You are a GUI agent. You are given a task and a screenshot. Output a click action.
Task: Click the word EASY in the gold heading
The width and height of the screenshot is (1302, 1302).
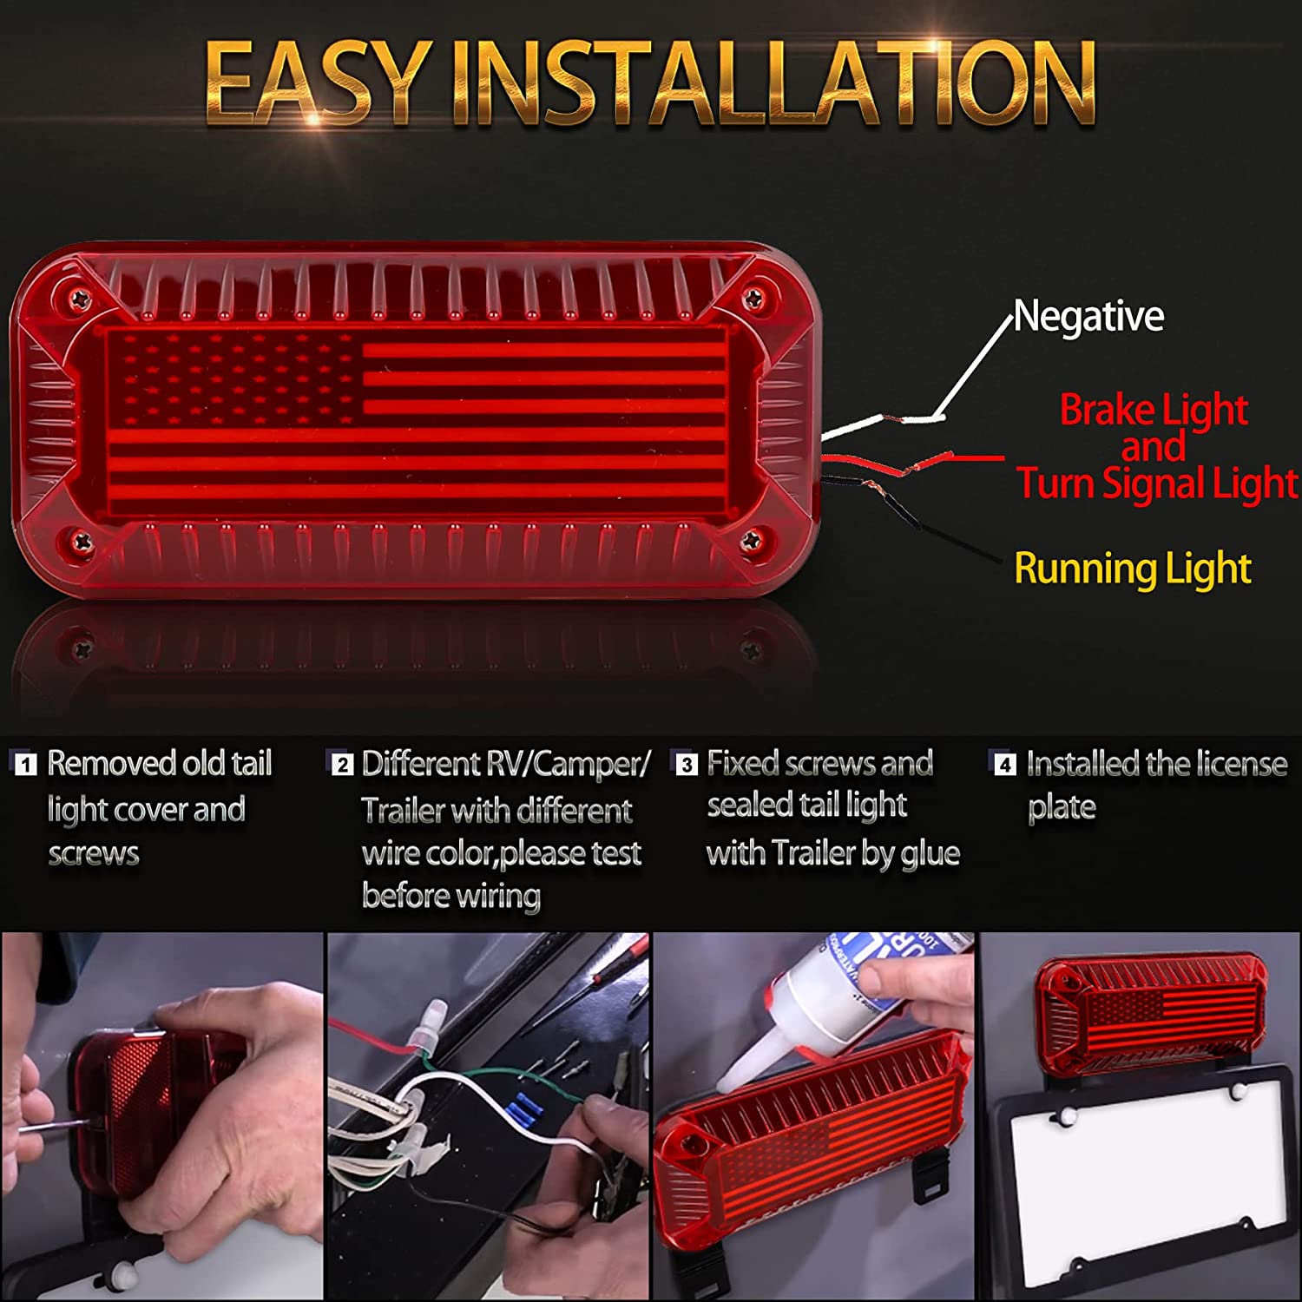point(316,84)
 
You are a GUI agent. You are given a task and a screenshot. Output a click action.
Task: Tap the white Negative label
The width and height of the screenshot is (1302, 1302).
point(1088,317)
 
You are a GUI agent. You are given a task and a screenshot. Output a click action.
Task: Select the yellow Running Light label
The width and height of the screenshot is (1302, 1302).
point(1132,569)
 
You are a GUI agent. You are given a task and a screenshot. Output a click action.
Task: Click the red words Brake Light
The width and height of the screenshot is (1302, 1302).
point(1153,410)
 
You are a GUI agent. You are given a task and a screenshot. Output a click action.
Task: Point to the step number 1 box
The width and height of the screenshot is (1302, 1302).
point(27,765)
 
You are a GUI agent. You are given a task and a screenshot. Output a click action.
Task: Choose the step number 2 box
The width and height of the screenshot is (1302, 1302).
point(343,765)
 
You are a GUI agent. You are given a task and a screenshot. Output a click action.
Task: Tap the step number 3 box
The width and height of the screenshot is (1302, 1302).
point(687,765)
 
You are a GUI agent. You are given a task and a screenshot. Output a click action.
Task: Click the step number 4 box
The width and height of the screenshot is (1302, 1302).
point(1004,765)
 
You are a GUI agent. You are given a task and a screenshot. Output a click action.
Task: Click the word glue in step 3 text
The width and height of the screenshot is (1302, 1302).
point(930,854)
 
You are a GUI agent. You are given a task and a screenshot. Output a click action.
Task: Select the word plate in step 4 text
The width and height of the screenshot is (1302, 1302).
point(1062,808)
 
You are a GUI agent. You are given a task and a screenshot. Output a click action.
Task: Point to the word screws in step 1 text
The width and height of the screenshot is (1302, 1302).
point(94,854)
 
